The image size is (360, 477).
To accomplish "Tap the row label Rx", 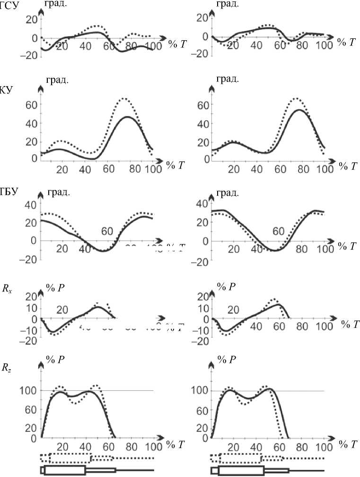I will (x=7, y=290).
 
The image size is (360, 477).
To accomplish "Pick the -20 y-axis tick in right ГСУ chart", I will (x=202, y=54).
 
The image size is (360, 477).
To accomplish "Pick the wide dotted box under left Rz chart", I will (x=70, y=458).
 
